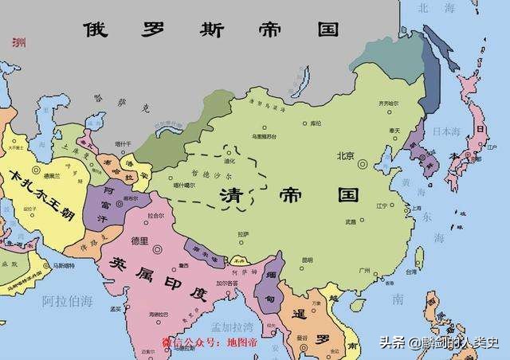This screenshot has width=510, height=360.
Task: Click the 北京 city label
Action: (x=344, y=156)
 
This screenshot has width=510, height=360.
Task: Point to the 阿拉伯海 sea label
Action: (x=67, y=300)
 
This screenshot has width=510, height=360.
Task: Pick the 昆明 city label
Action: (x=307, y=260)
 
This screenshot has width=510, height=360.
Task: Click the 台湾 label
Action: (x=410, y=272)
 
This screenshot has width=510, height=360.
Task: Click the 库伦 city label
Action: (x=316, y=123)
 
